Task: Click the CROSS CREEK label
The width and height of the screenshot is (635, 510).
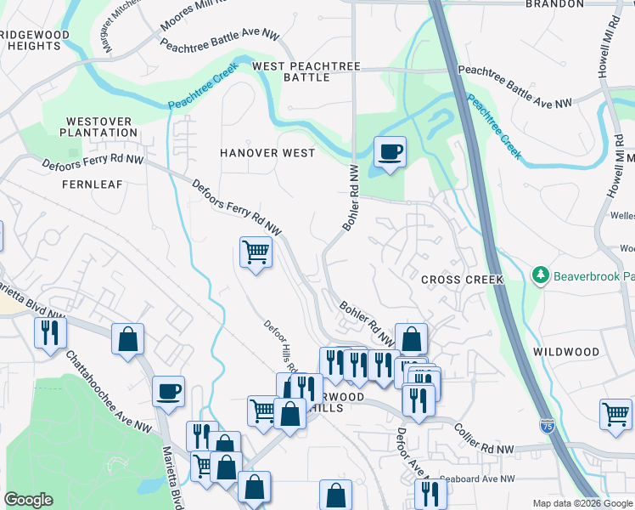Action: (463, 280)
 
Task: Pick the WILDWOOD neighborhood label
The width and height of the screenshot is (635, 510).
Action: (566, 351)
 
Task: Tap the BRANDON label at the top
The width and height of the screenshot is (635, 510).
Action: (555, 4)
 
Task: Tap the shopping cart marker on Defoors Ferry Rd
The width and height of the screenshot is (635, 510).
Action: (256, 252)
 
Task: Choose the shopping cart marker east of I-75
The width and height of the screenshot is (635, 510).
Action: (615, 415)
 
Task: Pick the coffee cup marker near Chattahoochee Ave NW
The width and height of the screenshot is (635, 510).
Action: (168, 391)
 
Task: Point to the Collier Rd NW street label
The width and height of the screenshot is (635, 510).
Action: (485, 439)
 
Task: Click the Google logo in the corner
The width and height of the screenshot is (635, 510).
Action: (28, 500)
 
